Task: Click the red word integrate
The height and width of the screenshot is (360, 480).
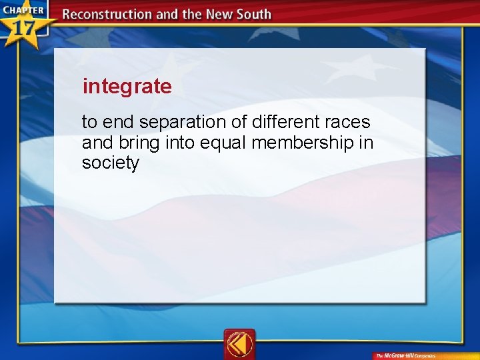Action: click(127, 87)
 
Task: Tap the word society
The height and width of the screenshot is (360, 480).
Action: click(110, 163)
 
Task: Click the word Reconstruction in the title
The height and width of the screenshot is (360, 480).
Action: click(105, 15)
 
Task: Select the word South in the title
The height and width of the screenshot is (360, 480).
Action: click(253, 15)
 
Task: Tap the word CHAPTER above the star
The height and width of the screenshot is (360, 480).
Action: click(23, 11)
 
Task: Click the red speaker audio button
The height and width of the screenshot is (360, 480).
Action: click(239, 344)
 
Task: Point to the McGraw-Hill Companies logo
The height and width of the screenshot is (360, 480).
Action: click(405, 355)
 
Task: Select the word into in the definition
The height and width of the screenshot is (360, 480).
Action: click(177, 143)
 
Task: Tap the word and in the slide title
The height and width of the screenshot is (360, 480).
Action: click(165, 15)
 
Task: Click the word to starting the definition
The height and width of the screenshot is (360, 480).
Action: click(89, 123)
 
